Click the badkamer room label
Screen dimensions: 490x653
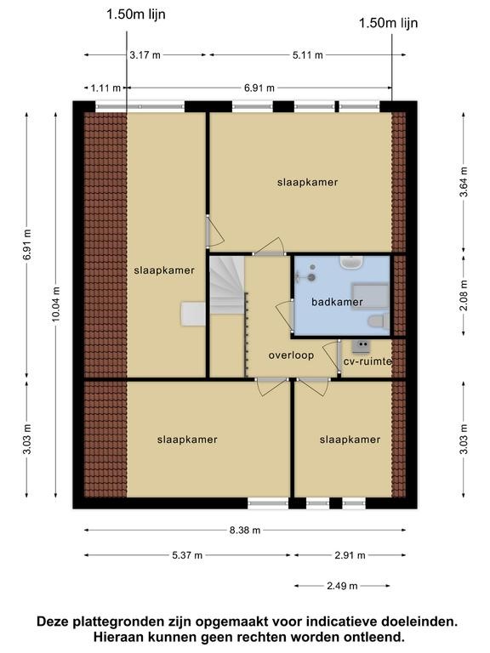pos(337,302)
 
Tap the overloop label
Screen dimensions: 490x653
pos(291,355)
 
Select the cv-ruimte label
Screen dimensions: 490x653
pos(367,361)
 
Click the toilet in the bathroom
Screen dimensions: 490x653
pos(379,322)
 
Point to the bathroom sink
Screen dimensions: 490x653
pos(351,263)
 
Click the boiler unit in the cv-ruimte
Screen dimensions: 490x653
pos(361,345)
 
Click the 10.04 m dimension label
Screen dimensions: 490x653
pos(56,304)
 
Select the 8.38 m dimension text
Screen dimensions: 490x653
pos(245,531)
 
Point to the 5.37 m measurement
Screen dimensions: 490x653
pos(187,555)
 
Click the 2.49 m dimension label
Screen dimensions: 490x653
pos(342,586)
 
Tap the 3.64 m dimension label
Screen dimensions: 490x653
pos(464,182)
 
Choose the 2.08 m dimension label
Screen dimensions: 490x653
pos(464,295)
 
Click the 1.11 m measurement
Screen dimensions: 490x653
pos(105,88)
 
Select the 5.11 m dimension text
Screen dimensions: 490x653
pos(307,55)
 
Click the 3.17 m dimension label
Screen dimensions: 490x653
pos(145,55)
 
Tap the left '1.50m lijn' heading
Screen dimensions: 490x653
pos(136,14)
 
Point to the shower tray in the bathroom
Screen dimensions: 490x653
pos(370,295)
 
